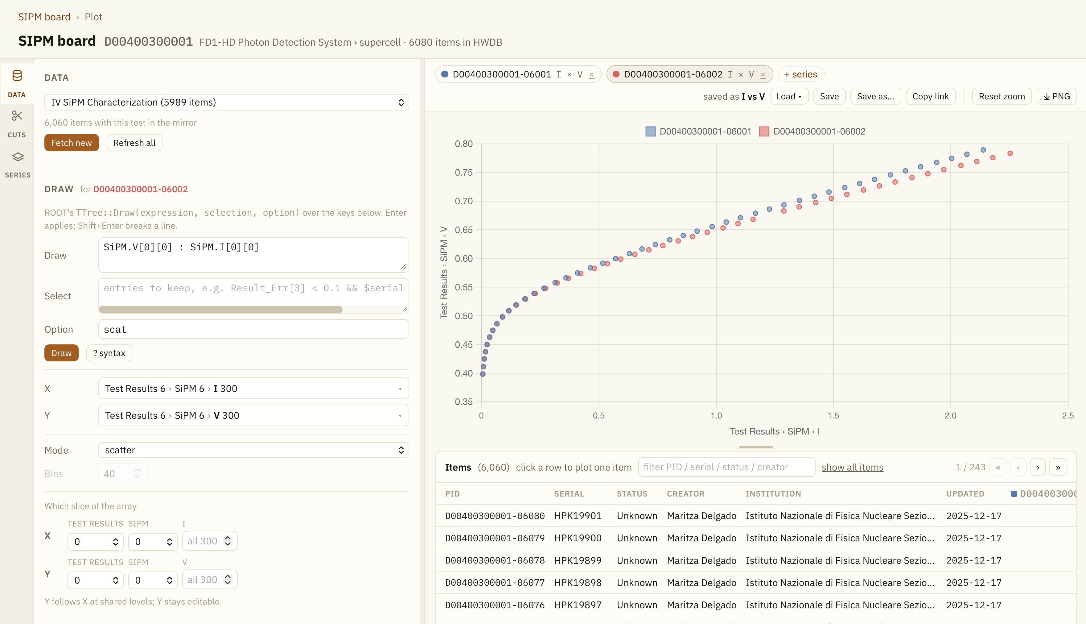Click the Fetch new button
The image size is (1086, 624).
(x=72, y=143)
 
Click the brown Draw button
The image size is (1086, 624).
(x=61, y=353)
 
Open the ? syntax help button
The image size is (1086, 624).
(x=109, y=353)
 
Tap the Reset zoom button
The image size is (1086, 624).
(x=1002, y=96)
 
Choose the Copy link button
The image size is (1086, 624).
(x=931, y=96)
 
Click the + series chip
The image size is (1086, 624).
(x=801, y=74)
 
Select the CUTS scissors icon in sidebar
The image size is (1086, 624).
(x=17, y=116)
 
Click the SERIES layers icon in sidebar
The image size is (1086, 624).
(x=18, y=157)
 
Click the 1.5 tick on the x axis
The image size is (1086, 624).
(x=833, y=416)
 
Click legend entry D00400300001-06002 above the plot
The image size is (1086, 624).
(x=812, y=131)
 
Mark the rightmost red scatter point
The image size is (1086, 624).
(x=1010, y=153)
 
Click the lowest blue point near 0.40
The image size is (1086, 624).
(x=483, y=374)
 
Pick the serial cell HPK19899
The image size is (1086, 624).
(x=578, y=560)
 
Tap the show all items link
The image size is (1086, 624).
(x=852, y=468)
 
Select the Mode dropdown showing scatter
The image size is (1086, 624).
(x=253, y=450)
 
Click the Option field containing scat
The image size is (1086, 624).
(x=253, y=329)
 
